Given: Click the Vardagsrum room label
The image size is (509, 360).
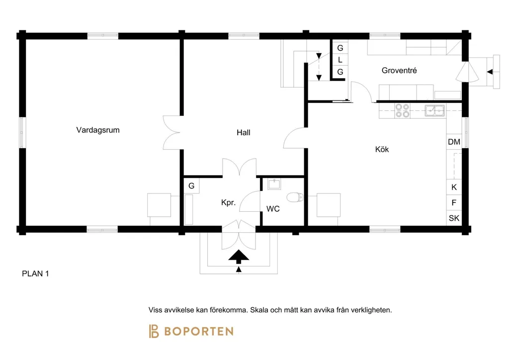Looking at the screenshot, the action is pos(98,130).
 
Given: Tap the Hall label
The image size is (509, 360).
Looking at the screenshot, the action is pos(244,132).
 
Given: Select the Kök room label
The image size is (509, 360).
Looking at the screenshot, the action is pos(382,149).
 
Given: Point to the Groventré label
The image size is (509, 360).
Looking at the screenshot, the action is pos(399,71).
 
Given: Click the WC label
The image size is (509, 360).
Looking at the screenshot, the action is pos(273,209).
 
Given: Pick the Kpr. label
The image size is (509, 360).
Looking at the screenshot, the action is pos(228,202).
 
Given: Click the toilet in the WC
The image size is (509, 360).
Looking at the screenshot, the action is pos(295,197).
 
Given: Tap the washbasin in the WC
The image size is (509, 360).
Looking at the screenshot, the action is pos(274,184).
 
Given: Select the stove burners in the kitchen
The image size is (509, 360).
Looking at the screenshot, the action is pos(402,110).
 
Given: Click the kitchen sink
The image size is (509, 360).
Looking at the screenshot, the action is pos(434,111).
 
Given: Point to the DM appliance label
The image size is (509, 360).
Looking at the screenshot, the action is pos(454,142).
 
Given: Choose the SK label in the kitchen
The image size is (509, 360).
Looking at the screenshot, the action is pos(454,218).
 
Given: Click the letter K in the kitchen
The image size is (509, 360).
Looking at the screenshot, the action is pos(454,187).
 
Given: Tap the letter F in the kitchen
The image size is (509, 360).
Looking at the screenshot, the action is pos(454,202).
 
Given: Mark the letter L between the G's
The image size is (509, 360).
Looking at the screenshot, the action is pos(340,60).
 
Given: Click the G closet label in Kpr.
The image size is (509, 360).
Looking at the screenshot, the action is pos(191,185).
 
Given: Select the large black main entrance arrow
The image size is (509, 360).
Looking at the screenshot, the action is pos(239,257).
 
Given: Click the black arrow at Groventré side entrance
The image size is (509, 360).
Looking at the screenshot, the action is pos(490,72).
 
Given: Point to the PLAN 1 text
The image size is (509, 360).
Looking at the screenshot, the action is pos(35,273).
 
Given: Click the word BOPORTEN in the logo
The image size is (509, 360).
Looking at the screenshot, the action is pos(199,332).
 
